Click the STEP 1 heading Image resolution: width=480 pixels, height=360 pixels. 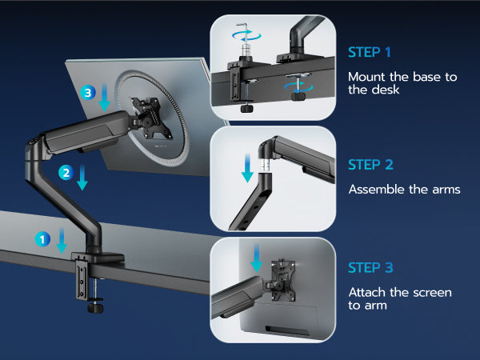(369, 52)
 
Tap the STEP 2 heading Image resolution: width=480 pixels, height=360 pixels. (370, 165)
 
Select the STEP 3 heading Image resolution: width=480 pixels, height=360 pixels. (370, 268)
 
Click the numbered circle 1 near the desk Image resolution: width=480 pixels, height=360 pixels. (42, 239)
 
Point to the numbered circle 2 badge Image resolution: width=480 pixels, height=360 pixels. (66, 173)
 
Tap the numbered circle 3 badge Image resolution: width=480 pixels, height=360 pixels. (88, 93)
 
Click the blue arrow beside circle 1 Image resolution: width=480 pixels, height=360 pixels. (62, 240)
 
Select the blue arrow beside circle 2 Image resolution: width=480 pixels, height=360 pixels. (82, 177)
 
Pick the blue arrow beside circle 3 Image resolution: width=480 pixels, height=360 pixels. (104, 97)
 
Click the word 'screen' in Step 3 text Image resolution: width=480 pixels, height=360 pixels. (432, 293)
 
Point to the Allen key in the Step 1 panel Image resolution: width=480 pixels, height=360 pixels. (242, 37)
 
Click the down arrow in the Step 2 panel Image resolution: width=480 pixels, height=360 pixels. (247, 168)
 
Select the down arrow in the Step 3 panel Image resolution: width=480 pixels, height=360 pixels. (257, 258)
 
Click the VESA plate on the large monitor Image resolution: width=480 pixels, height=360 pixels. (150, 118)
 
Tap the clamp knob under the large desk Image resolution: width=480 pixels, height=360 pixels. (95, 307)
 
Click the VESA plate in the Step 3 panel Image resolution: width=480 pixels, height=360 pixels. (283, 281)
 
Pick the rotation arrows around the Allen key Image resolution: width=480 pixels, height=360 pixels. (246, 35)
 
